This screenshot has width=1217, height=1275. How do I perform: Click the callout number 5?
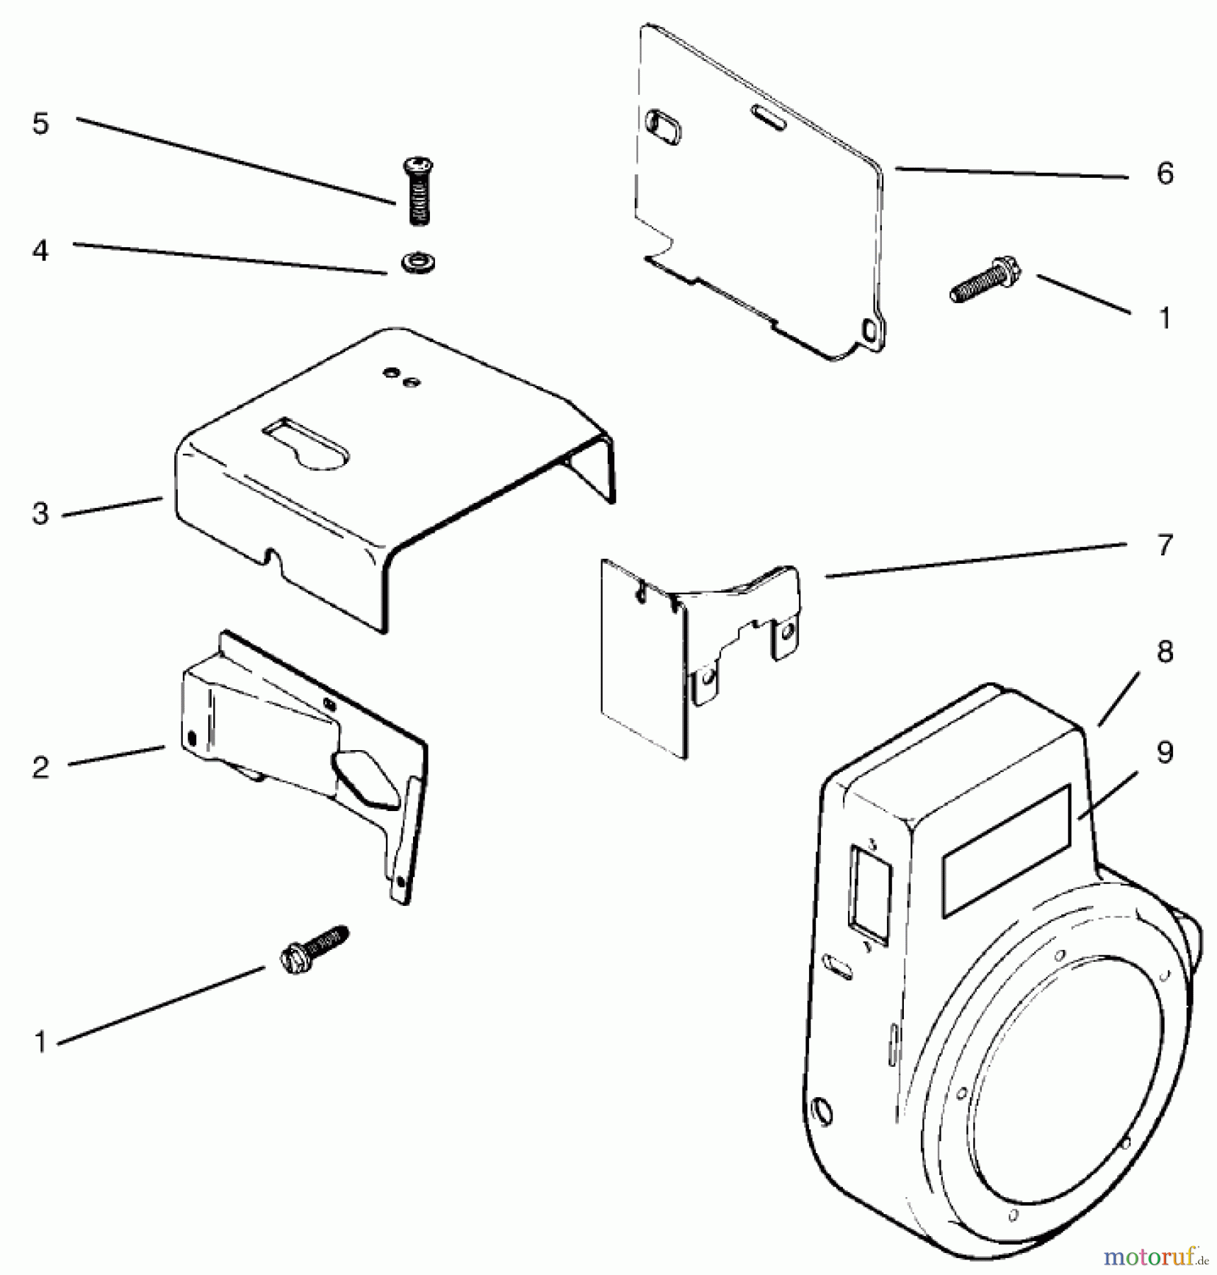tap(40, 124)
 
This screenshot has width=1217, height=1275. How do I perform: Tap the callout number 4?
tap(40, 251)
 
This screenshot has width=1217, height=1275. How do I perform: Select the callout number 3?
tap(40, 514)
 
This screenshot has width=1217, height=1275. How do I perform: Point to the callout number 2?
tap(40, 768)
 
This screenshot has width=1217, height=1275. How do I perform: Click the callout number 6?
tap(1165, 174)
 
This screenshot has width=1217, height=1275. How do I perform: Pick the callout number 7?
tap(1165, 545)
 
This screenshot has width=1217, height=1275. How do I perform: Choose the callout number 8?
tap(1165, 652)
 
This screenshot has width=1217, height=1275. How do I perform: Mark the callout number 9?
tap(1165, 752)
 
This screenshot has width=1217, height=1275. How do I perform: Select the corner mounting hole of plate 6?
tap(870, 329)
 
